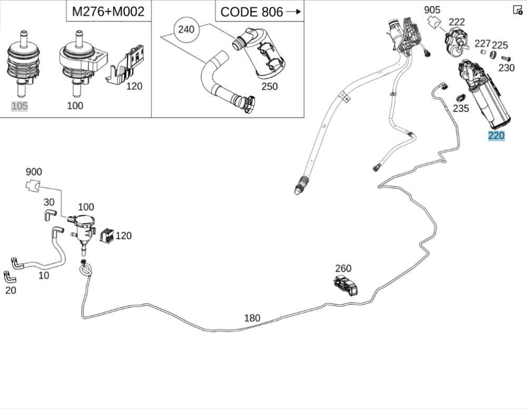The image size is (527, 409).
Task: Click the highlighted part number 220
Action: (x=496, y=136)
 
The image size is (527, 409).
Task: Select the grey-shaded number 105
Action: (x=19, y=106)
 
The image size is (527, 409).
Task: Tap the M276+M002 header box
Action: (x=108, y=11)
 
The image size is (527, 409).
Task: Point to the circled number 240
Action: (x=186, y=30)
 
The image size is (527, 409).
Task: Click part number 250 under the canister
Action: (x=269, y=87)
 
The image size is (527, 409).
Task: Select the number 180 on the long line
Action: (x=252, y=318)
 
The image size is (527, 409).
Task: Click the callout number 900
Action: (x=34, y=172)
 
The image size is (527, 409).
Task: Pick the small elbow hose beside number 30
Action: (x=50, y=214)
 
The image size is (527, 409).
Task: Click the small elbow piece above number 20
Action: (x=9, y=276)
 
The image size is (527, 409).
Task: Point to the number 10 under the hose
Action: (x=44, y=275)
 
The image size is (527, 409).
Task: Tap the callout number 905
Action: (x=432, y=9)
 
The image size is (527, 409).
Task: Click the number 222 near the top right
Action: (x=456, y=22)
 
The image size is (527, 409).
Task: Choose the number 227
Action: (x=482, y=43)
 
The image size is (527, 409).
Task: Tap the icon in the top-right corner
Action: (x=518, y=9)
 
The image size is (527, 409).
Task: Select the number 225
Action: (x=500, y=45)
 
